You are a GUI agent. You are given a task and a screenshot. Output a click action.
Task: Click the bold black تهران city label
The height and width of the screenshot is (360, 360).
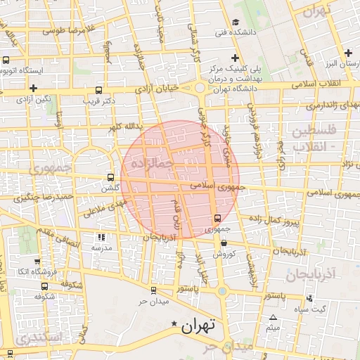tap(200, 326)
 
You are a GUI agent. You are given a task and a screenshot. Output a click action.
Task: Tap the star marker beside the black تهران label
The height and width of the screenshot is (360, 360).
tap(174, 323)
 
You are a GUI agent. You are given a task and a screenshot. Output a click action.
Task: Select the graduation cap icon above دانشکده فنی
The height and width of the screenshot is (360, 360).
tap(236, 21)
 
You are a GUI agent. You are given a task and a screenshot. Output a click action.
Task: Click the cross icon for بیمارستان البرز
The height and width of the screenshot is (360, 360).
tap(348, 53)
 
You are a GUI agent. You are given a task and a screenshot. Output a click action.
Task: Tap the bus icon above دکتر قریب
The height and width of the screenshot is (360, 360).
tap(98, 90)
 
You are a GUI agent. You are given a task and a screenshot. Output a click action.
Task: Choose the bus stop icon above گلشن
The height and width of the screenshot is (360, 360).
tap(110, 177)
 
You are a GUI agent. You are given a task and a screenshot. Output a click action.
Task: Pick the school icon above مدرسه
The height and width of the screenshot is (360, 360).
tap(101, 238)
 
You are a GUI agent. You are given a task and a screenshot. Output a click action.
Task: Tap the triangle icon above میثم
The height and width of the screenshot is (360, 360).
tap(273, 318)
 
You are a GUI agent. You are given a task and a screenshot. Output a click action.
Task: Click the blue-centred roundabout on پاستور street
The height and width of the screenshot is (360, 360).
tap(221, 290)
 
